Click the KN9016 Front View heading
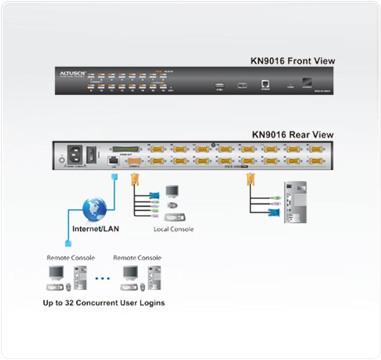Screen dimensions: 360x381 292,61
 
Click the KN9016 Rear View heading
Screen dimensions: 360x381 292,135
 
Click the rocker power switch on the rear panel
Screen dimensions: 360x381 93,152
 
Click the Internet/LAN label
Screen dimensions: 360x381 96,229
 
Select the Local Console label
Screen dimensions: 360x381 174,229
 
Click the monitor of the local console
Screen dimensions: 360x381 173,192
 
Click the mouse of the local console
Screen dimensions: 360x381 173,205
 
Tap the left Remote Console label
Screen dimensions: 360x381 71,258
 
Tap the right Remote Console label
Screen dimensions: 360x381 137,258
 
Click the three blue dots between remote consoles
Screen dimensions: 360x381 103,278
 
